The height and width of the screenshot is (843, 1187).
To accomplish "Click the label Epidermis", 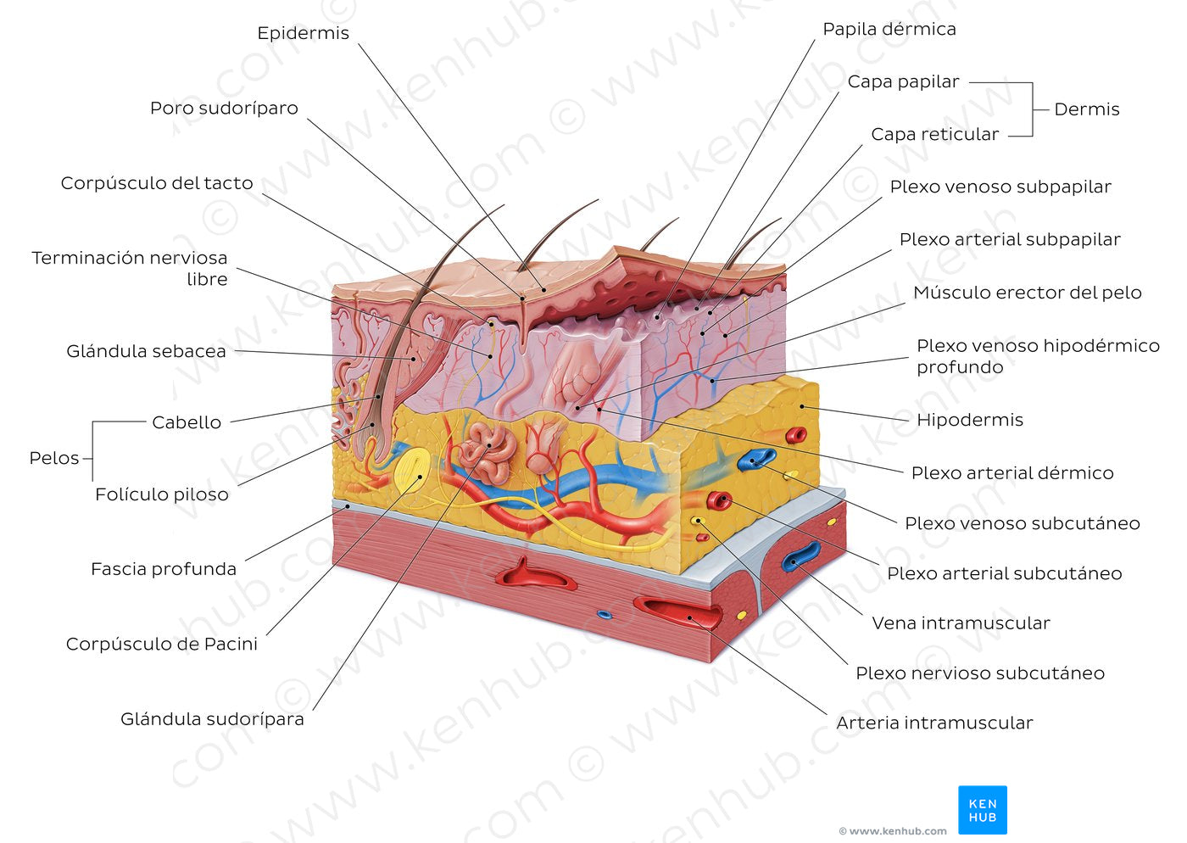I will pyautogui.click(x=303, y=33).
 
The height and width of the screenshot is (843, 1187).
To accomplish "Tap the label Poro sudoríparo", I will pyautogui.click(x=224, y=109).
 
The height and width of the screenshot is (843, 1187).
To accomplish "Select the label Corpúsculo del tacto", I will pyautogui.click(x=157, y=183).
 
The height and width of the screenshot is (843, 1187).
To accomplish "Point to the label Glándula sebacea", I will pyautogui.click(x=146, y=351).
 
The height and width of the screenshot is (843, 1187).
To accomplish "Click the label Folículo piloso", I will pyautogui.click(x=161, y=494).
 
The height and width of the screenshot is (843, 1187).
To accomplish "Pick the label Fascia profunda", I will pyautogui.click(x=164, y=569).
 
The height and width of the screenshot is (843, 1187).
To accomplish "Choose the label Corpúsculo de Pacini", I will pyautogui.click(x=162, y=644).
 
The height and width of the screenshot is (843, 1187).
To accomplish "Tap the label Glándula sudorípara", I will pyautogui.click(x=212, y=719).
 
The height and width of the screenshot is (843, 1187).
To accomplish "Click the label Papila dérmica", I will pyautogui.click(x=889, y=29).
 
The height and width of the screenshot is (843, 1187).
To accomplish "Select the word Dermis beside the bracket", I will pyautogui.click(x=1087, y=109).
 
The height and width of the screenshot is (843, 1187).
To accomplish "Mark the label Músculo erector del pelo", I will pyautogui.click(x=1027, y=293).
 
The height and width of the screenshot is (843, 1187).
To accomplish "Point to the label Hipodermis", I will pyautogui.click(x=970, y=420).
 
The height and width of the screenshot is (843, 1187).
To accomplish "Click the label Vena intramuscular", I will pyautogui.click(x=961, y=623).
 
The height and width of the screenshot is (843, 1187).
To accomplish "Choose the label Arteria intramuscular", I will pyautogui.click(x=934, y=723).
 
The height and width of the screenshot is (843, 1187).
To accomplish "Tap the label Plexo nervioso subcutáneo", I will pyautogui.click(x=979, y=673).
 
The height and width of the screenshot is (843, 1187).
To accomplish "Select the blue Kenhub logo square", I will pyautogui.click(x=983, y=810).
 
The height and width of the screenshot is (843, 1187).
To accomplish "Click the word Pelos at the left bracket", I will pyautogui.click(x=54, y=458).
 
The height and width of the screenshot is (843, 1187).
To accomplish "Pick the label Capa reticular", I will pyautogui.click(x=935, y=134).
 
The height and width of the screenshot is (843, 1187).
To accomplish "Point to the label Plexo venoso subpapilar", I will pyautogui.click(x=1000, y=187).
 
